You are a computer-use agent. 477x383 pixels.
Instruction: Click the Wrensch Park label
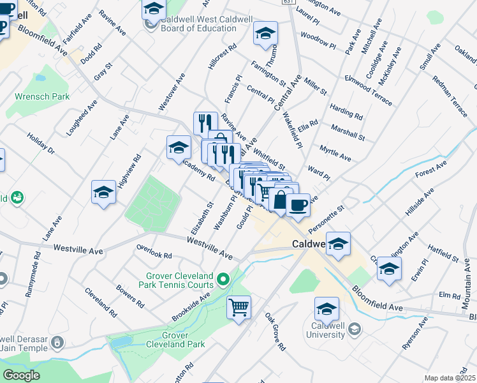42,97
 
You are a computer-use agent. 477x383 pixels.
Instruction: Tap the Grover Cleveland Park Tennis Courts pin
223,278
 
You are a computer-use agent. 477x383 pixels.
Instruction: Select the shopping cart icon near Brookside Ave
239,308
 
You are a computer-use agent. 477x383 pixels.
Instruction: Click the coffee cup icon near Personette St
297,205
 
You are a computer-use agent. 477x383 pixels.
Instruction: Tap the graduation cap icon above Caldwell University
327,310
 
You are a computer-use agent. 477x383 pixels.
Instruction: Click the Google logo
22,375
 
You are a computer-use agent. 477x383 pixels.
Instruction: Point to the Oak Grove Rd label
275,332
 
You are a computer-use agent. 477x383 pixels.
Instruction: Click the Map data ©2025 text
450,378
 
